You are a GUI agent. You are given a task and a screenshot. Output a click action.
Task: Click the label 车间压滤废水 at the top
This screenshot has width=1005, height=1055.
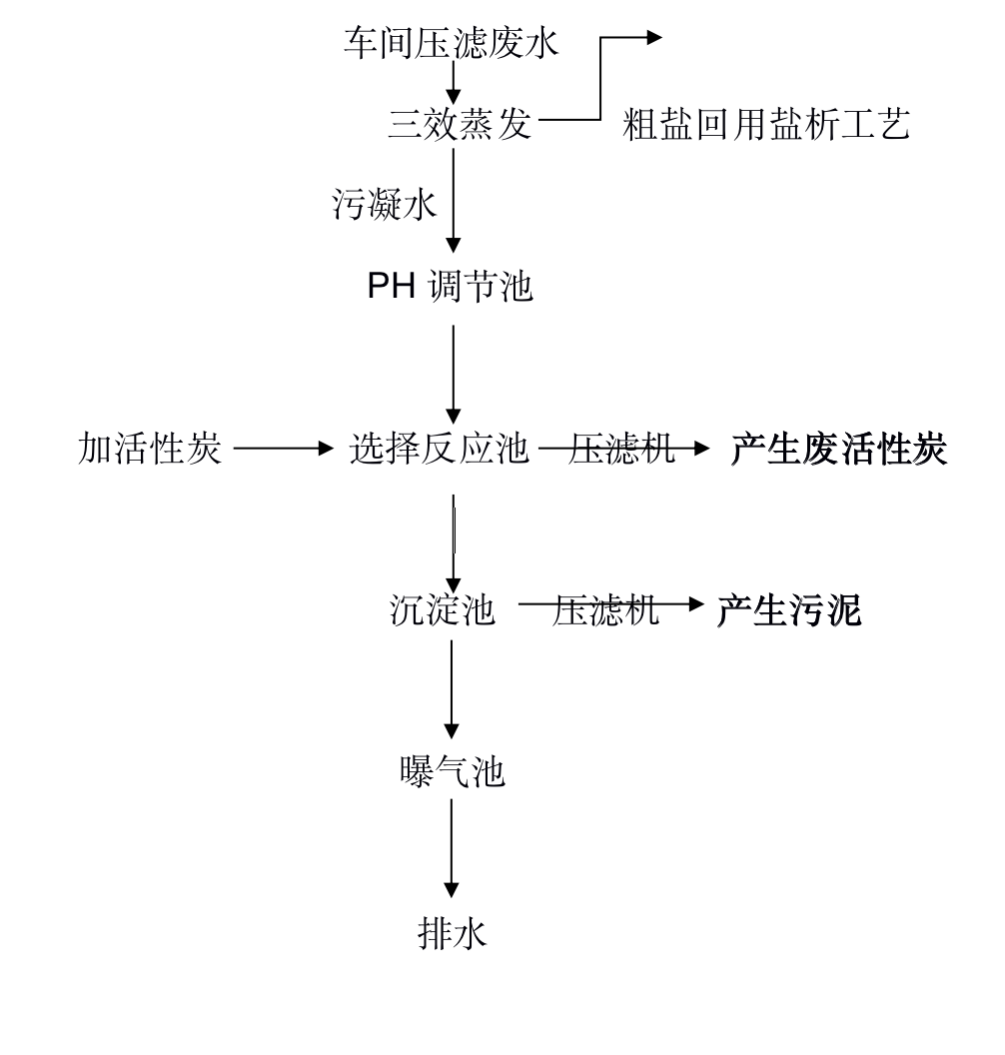451,44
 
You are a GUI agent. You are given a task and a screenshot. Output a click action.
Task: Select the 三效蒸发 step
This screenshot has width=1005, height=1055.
461,125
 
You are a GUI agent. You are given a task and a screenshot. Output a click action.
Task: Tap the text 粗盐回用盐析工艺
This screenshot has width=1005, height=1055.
766,125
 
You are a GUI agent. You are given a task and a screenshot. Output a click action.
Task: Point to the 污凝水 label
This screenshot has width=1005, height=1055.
384,205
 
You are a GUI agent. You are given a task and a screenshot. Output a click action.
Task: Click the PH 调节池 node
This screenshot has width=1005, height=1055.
450,286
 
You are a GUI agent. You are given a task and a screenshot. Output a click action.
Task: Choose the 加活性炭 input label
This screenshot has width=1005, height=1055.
149,449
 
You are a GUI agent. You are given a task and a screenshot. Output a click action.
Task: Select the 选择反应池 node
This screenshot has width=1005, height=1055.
439,449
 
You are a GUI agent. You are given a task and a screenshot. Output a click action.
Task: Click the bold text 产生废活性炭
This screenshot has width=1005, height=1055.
839,449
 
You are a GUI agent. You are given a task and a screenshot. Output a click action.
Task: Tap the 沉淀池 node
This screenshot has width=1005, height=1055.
442,610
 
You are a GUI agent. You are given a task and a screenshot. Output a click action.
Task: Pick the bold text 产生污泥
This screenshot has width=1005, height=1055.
789,610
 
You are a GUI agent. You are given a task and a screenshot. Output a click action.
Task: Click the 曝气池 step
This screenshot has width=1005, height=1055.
452,771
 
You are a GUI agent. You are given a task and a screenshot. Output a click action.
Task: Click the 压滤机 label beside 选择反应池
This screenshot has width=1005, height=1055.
621,449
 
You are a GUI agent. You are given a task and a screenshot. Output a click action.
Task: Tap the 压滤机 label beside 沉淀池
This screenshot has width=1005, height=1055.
604,610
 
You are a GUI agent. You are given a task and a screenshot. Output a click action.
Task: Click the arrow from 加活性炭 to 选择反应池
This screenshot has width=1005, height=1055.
283,449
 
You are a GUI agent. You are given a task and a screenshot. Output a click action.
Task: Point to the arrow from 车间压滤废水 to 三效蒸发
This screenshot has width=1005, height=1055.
454,82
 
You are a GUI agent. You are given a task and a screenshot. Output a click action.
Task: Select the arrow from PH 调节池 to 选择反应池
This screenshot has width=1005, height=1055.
454,374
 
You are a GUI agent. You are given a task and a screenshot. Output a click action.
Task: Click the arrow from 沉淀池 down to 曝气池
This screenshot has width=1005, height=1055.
452,689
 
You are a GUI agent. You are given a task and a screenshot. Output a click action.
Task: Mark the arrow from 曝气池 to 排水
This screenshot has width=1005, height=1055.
452,848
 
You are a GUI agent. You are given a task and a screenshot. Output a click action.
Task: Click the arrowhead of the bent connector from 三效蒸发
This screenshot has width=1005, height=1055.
654,38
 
